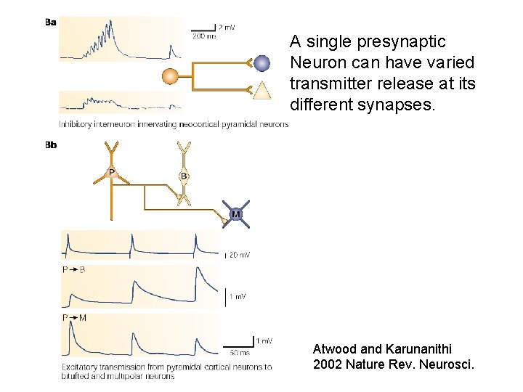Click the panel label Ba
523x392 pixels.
pyautogui.click(x=51, y=22)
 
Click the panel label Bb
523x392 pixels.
pyautogui.click(x=51, y=145)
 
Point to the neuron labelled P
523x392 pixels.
pyautogui.click(x=111, y=173)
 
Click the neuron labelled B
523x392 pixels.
pyautogui.click(x=185, y=175)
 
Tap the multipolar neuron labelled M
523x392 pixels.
pyautogui.click(x=236, y=214)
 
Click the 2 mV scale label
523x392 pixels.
pyautogui.click(x=226, y=27)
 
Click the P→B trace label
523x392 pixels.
pyautogui.click(x=73, y=269)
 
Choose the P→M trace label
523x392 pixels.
pyautogui.click(x=74, y=317)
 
